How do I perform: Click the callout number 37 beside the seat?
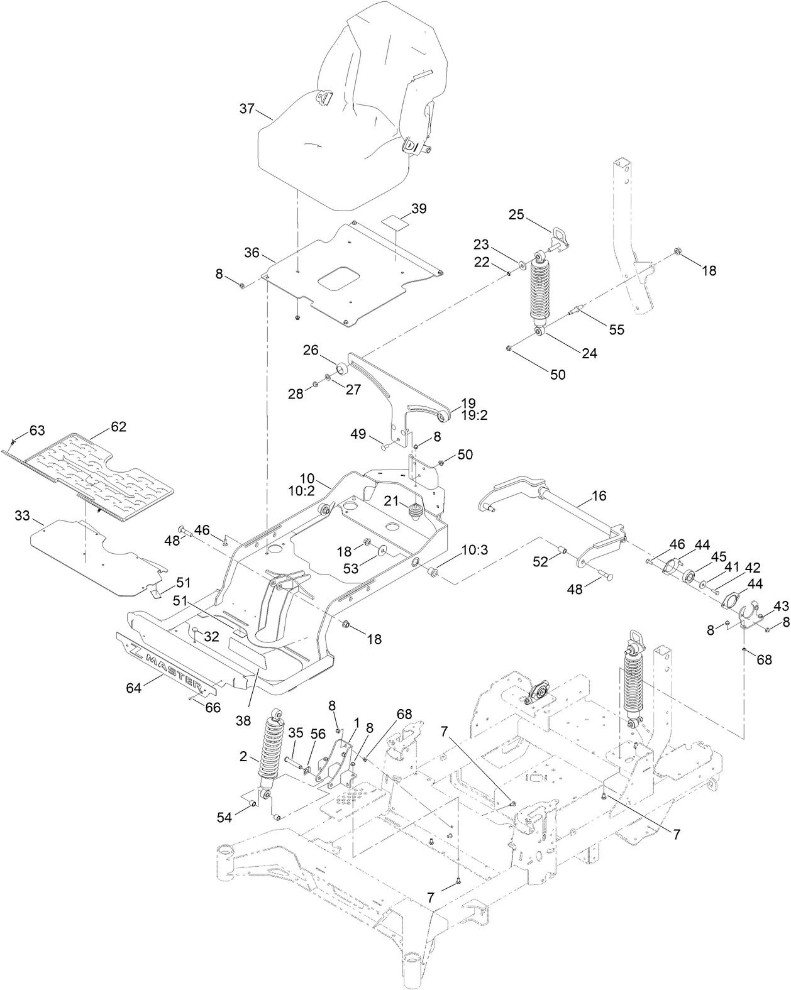pyautogui.click(x=246, y=109)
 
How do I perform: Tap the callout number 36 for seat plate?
pyautogui.click(x=252, y=253)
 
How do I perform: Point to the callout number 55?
pyautogui.click(x=617, y=329)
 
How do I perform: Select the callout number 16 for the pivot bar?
pyautogui.click(x=599, y=496)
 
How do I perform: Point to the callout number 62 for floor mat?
pyautogui.click(x=119, y=427)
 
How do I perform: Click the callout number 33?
pyautogui.click(x=22, y=516)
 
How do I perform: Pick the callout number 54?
pyautogui.click(x=224, y=817)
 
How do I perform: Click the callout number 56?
pyautogui.click(x=318, y=733)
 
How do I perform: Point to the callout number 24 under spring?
pyautogui.click(x=589, y=353)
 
